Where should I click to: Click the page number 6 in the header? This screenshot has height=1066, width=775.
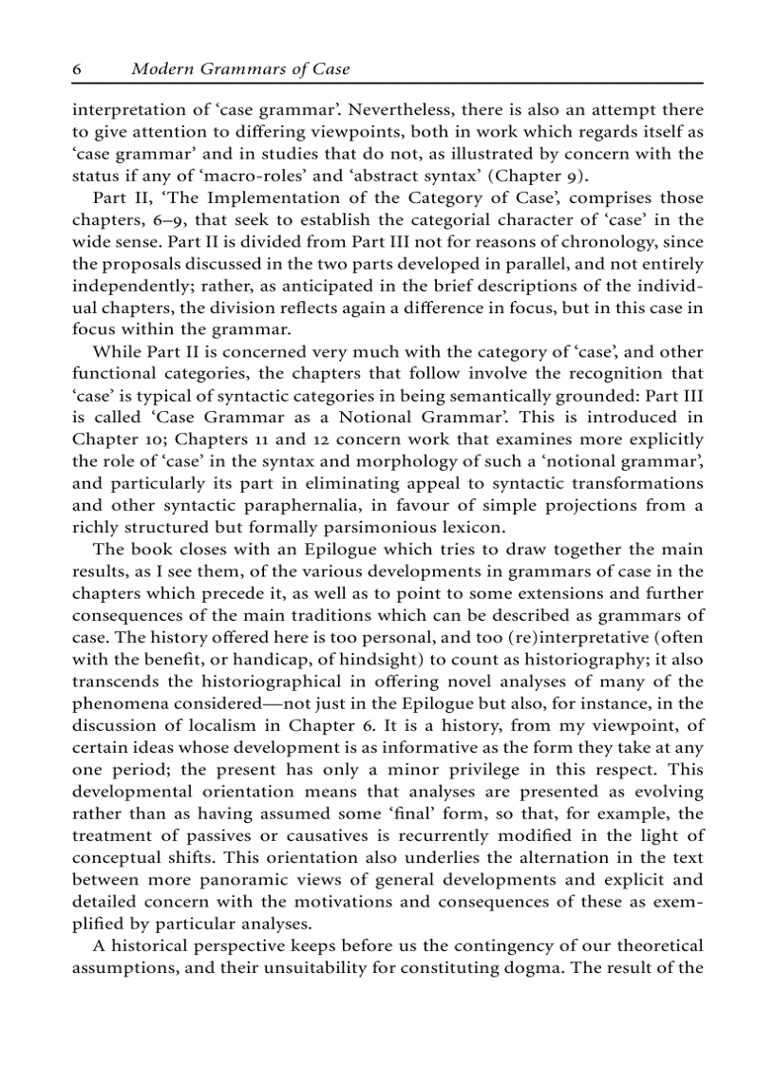click(77, 69)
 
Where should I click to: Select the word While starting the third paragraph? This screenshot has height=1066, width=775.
click(115, 351)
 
